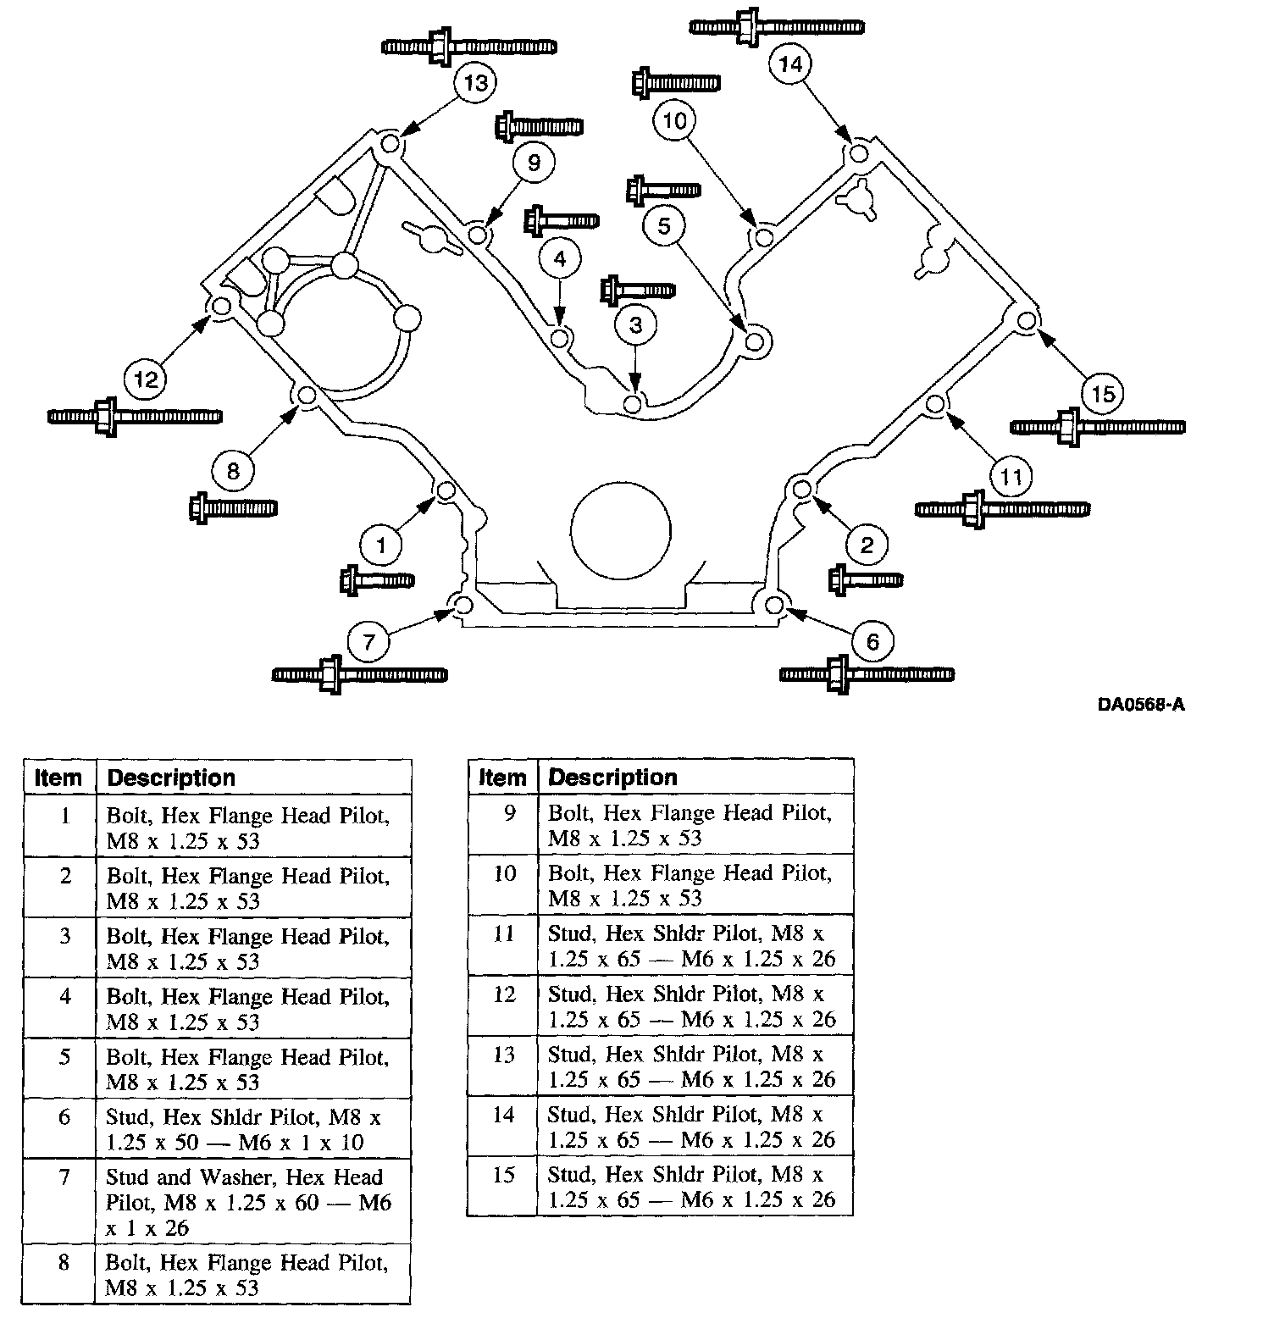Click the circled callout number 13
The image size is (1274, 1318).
(476, 83)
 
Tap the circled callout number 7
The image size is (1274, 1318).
(368, 643)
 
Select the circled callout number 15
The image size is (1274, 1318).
(1103, 393)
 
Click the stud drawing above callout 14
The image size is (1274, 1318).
(777, 26)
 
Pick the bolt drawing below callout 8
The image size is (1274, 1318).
(233, 508)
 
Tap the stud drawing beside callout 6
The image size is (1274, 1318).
(866, 675)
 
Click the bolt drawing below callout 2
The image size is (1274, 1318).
(865, 580)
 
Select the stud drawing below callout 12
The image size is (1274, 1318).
(136, 417)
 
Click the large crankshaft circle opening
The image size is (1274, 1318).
(621, 531)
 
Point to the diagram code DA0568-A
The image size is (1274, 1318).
(1140, 705)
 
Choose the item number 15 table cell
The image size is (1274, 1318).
(502, 1187)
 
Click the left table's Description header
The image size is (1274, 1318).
(172, 778)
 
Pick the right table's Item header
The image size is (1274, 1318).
(502, 777)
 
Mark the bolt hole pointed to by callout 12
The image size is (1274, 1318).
(220, 306)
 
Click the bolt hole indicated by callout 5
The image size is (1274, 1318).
(755, 342)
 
